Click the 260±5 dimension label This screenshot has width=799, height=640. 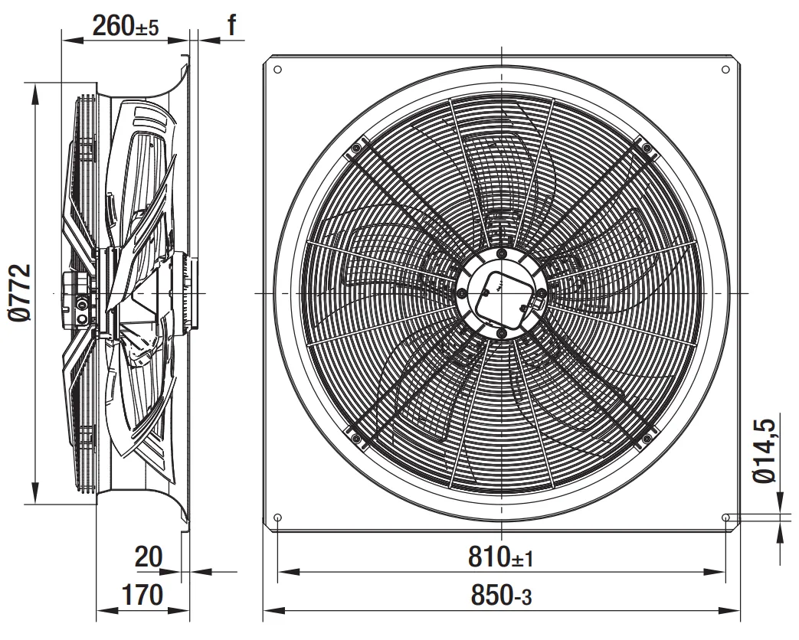click(x=126, y=25)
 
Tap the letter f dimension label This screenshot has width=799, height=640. click(x=232, y=24)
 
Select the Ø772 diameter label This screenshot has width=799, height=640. click(x=21, y=292)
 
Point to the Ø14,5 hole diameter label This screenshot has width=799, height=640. click(x=765, y=451)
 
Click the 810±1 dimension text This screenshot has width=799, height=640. click(x=500, y=557)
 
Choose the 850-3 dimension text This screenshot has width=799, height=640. click(x=501, y=596)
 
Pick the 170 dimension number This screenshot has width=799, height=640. click(x=142, y=594)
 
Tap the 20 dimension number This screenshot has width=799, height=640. click(x=149, y=557)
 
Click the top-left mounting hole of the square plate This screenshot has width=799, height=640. click(x=278, y=69)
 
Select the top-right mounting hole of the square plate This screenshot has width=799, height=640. click(x=725, y=69)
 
